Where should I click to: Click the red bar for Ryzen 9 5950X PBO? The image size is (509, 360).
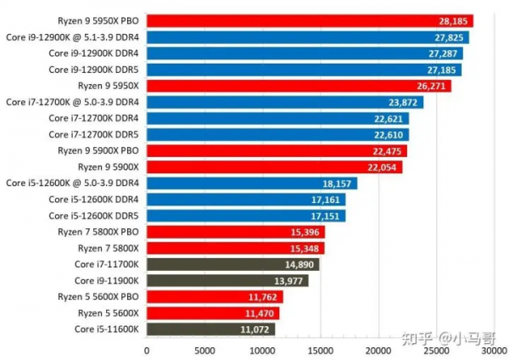click(310, 20)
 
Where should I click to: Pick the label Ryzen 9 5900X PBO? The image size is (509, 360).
click(98, 150)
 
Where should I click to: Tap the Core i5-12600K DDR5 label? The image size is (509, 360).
click(94, 216)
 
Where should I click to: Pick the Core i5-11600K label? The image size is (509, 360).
click(107, 329)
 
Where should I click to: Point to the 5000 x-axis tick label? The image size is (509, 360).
click(204, 349)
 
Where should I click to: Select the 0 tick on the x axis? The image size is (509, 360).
click(147, 349)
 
